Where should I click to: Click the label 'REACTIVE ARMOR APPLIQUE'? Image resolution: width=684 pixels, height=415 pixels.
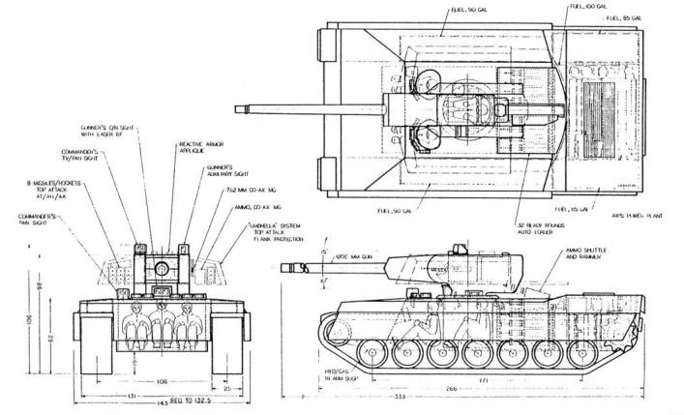(x=197, y=147)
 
